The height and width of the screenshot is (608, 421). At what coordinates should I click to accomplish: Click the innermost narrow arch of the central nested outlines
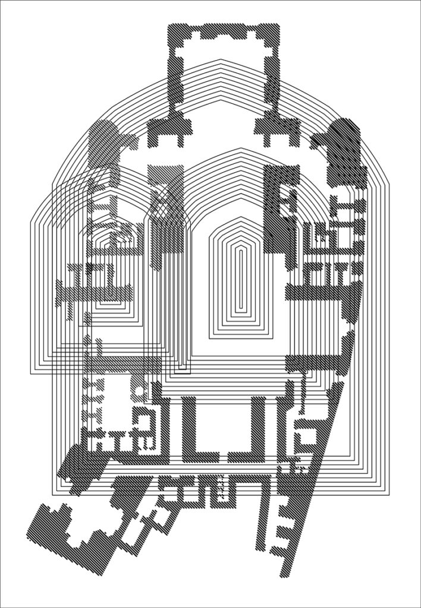coord(241,279)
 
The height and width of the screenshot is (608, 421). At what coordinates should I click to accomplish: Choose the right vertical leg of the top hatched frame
coord(272,77)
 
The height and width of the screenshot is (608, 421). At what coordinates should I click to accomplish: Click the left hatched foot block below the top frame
coord(169,131)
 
